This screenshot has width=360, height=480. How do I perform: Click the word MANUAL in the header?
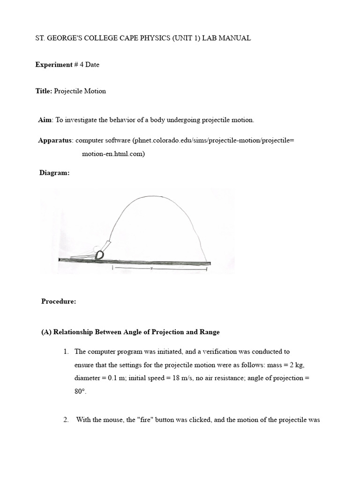(237, 38)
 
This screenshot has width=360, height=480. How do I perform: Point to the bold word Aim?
(45, 120)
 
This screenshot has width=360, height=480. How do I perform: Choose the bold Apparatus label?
(55, 140)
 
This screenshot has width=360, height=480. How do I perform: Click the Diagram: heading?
(54, 173)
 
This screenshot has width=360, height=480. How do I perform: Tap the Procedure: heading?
(59, 301)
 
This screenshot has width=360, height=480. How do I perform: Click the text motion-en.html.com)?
(113, 154)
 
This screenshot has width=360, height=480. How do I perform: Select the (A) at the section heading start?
(46, 332)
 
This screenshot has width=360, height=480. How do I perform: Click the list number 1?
(66, 352)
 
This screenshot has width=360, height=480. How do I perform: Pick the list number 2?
(66, 420)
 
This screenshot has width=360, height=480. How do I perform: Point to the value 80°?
(80, 392)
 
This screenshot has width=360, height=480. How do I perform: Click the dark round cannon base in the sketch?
(99, 255)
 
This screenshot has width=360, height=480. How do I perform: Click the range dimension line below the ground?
(159, 270)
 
